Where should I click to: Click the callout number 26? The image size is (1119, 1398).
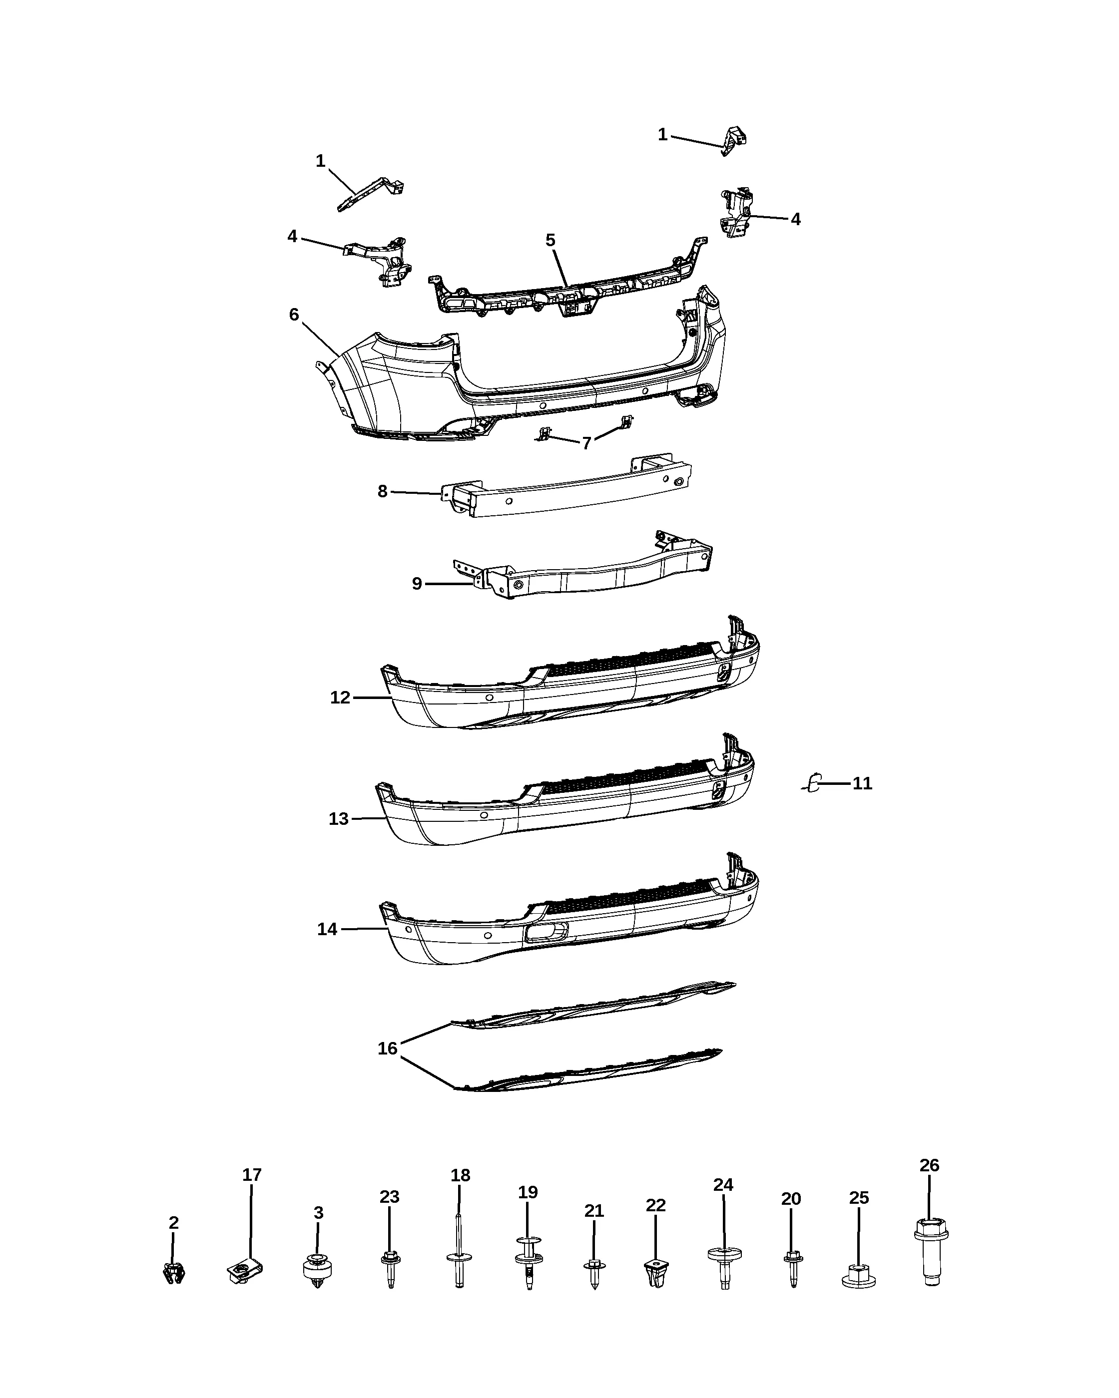click(929, 1165)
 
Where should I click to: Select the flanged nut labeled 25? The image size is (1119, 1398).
click(858, 1275)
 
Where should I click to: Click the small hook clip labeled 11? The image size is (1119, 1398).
click(812, 783)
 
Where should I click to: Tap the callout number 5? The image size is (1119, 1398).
click(550, 241)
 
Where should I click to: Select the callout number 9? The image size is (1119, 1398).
click(417, 584)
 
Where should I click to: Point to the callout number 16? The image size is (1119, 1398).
click(387, 1048)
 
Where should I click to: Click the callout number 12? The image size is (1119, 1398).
click(340, 697)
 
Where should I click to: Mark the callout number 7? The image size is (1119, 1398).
click(586, 443)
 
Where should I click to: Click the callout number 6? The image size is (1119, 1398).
click(294, 315)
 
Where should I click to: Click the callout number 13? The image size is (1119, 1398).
click(339, 819)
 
